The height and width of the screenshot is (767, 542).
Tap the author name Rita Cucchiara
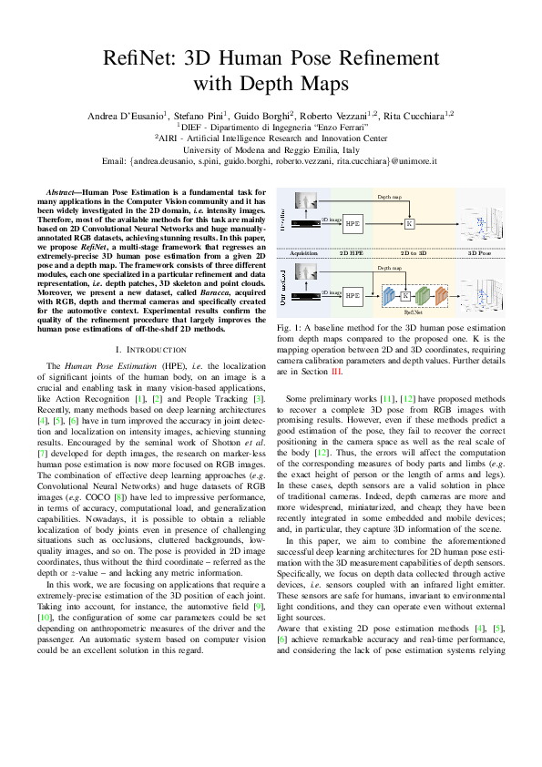[x=428, y=117]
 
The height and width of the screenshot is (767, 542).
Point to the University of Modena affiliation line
[x=271, y=149]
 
